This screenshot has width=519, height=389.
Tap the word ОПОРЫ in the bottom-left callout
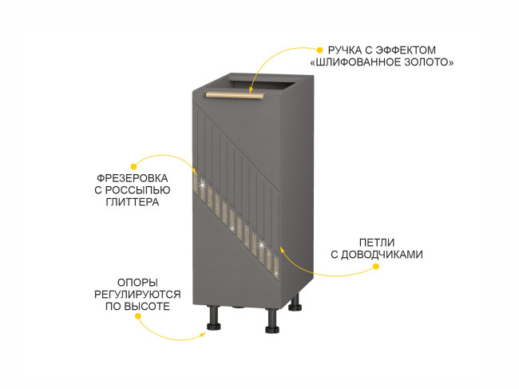tap(137, 282)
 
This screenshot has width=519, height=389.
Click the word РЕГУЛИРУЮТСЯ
tap(137, 295)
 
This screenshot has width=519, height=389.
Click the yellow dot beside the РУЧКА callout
tap(320, 49)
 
